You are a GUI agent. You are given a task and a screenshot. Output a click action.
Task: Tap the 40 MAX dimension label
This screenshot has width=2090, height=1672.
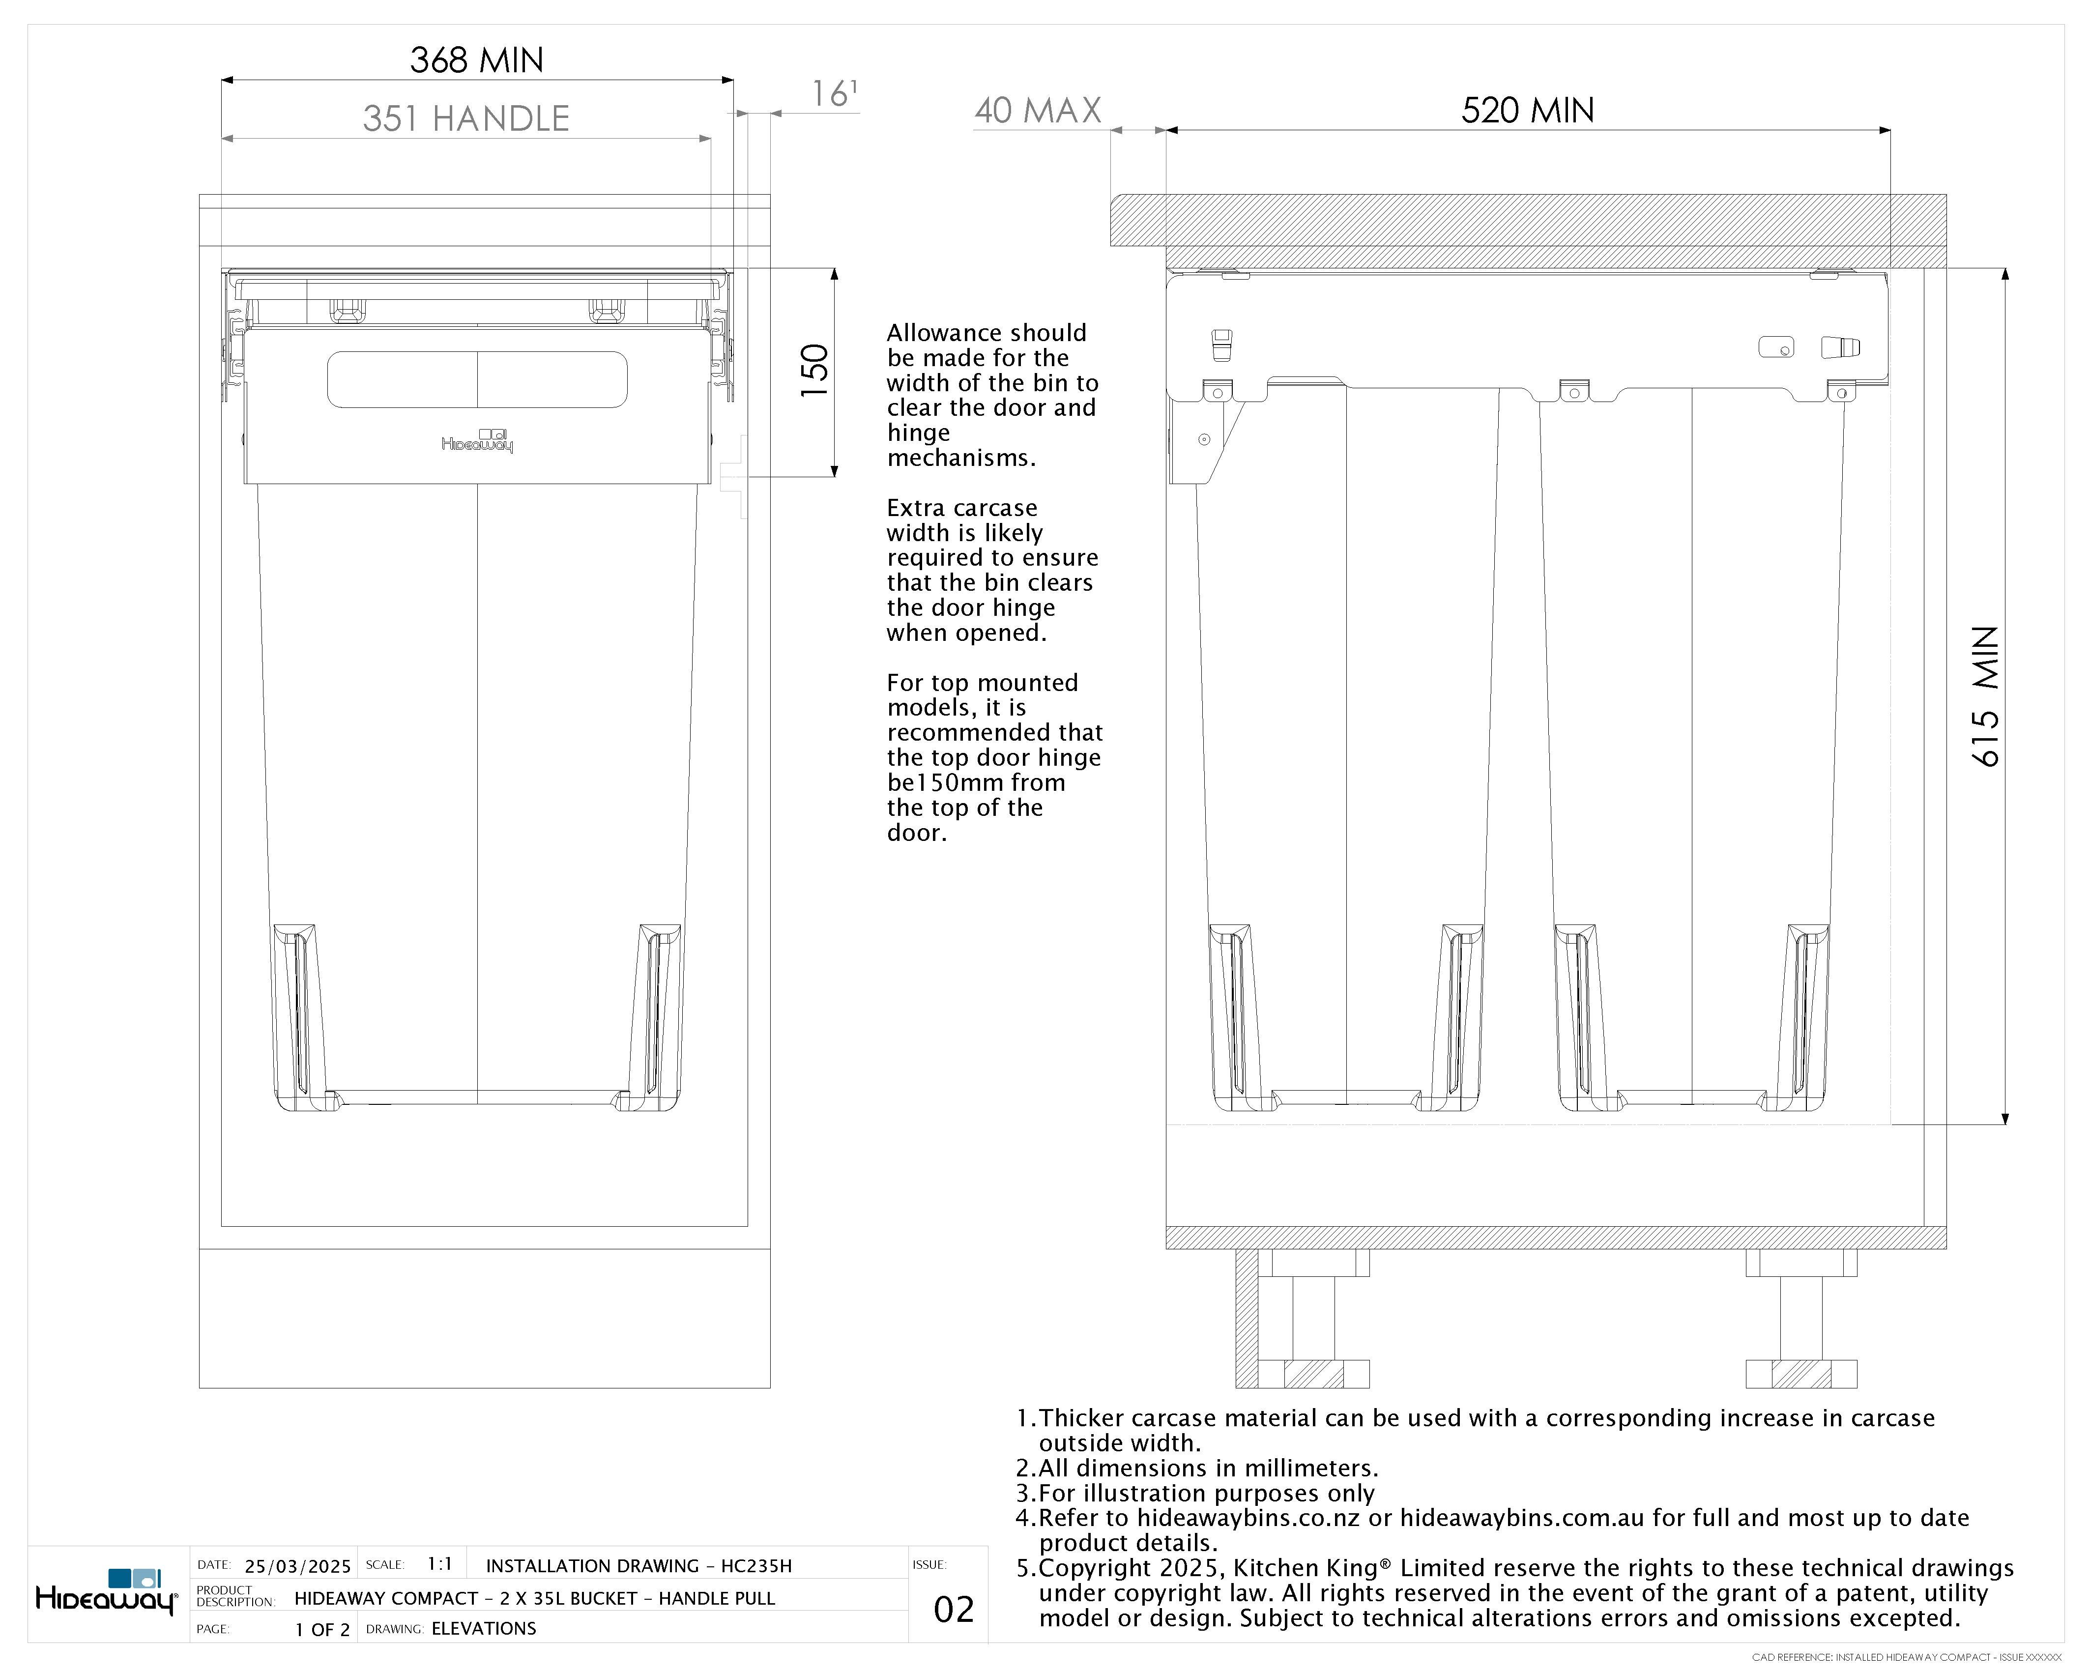(1037, 111)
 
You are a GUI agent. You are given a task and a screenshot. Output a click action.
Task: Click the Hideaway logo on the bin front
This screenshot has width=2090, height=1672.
(477, 441)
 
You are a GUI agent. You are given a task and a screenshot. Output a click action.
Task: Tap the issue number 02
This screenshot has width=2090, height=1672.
(953, 1610)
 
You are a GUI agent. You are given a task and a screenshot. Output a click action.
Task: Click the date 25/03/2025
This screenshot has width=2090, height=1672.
(297, 1566)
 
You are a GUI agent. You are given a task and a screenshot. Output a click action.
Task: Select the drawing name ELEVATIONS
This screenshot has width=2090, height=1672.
(484, 1628)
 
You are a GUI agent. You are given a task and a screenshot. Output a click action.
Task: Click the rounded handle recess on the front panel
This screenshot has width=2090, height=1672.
(477, 379)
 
